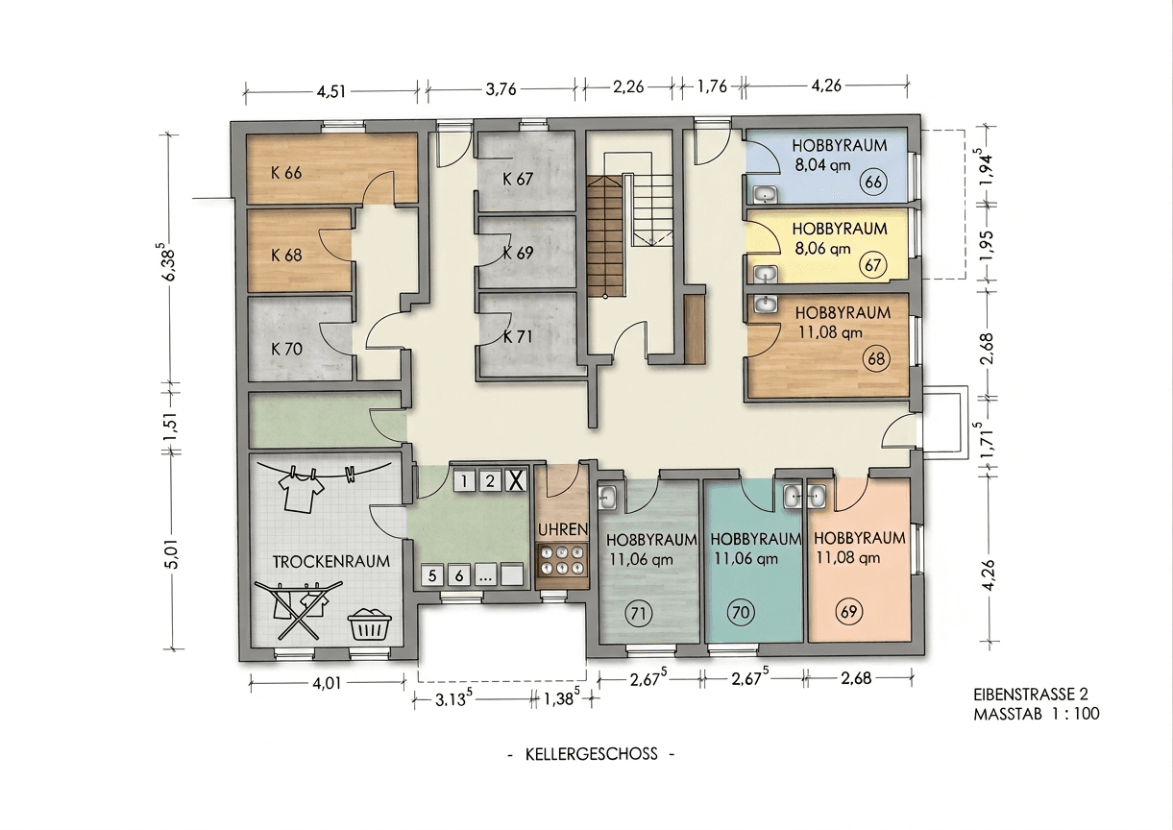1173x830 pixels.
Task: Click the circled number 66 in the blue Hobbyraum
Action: pos(873,183)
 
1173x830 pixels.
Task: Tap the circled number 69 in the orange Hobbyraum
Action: pos(847,610)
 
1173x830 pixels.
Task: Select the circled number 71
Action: pos(635,610)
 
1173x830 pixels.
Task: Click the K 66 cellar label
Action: pos(286,174)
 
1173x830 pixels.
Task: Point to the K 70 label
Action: pos(286,349)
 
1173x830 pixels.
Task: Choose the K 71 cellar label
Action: pos(518,337)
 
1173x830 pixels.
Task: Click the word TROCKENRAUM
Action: pos(330,562)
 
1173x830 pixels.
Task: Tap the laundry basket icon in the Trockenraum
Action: pos(370,624)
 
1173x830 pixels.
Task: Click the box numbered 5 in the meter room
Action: pos(432,575)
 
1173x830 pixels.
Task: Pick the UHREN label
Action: pos(562,529)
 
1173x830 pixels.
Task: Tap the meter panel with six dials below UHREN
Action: pos(562,560)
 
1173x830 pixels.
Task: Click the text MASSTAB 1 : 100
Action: pos(1036,714)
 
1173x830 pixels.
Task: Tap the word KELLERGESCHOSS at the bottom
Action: pos(591,754)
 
